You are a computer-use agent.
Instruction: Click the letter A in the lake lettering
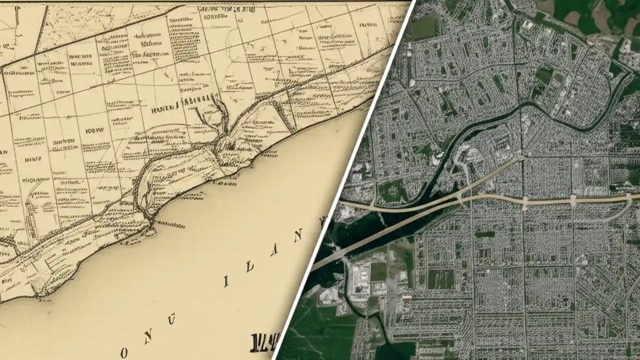274,250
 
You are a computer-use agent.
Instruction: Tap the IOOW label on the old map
94,131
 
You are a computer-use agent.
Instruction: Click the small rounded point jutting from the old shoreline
150,232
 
